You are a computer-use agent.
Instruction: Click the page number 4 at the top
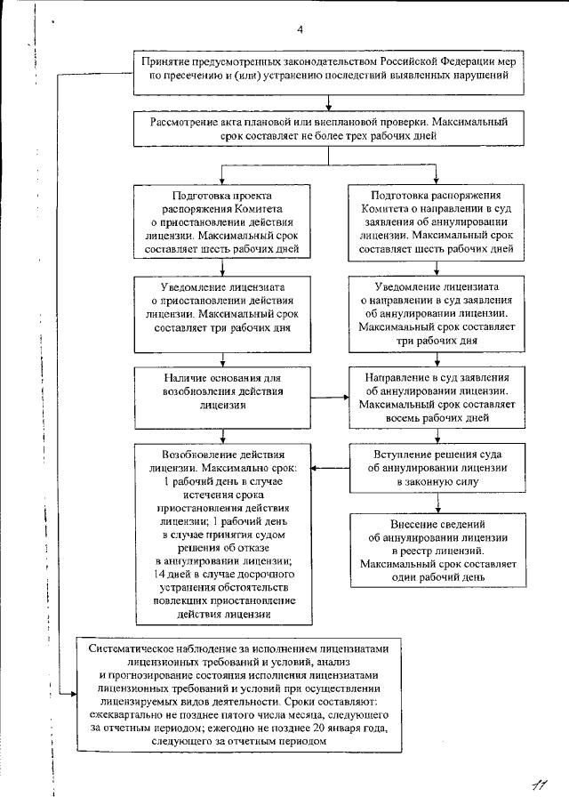click(x=301, y=30)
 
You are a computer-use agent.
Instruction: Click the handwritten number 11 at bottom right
click(x=535, y=782)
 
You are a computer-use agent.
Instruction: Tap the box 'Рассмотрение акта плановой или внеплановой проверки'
click(x=328, y=128)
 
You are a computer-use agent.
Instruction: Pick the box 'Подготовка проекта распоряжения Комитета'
click(x=222, y=221)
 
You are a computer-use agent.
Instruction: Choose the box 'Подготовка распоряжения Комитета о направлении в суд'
click(x=438, y=221)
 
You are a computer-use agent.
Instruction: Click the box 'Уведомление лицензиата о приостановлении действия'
click(x=222, y=308)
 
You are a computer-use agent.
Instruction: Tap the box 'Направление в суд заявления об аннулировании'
click(x=438, y=396)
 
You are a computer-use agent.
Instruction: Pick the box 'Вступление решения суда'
click(x=438, y=468)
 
